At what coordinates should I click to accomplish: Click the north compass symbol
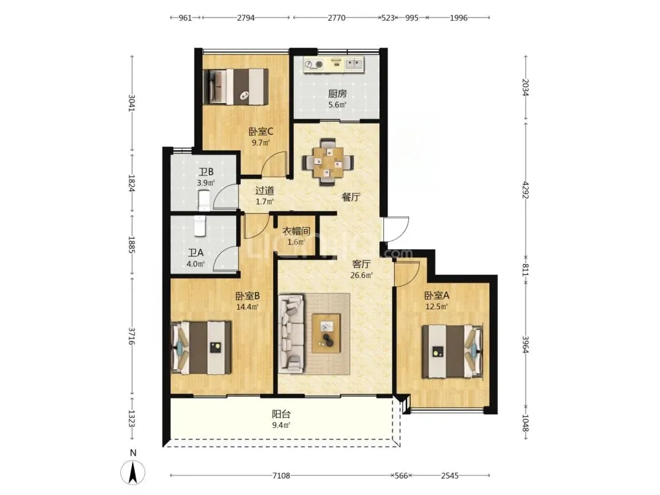[133, 471]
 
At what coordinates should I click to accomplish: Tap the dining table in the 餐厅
[328, 162]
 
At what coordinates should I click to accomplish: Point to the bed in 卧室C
[236, 87]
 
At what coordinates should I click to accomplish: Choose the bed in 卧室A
[453, 351]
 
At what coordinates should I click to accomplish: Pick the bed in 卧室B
[202, 348]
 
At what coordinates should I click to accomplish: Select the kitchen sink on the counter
[354, 64]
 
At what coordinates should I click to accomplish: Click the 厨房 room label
[337, 94]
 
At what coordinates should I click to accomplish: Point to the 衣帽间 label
[296, 231]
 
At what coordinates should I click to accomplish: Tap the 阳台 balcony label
[281, 414]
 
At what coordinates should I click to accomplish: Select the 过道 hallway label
[265, 191]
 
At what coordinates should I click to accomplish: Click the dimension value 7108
[281, 475]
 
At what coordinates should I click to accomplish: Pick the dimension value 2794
[246, 18]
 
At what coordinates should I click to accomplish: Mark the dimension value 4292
[526, 190]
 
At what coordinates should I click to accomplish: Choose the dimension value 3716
[132, 336]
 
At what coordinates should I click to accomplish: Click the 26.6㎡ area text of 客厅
[362, 276]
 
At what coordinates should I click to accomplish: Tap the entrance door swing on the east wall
[396, 229]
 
